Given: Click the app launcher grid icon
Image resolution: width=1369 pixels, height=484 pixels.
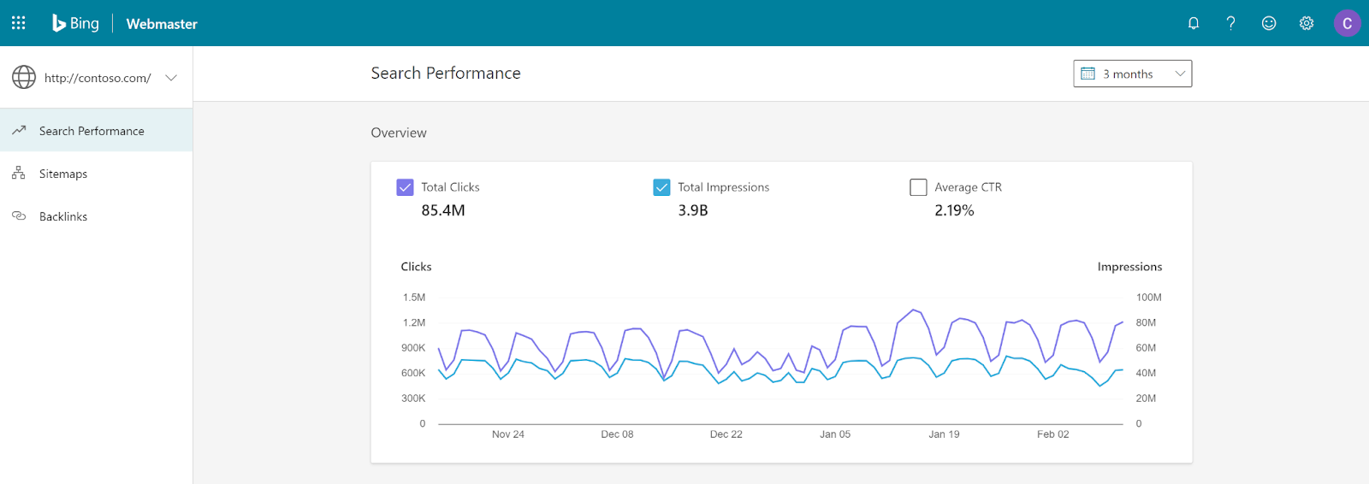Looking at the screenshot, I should pos(18,23).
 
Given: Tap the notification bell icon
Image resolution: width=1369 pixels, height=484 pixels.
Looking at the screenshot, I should pos(1194,23).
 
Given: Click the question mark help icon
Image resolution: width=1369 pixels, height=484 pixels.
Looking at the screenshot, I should pos(1230,23).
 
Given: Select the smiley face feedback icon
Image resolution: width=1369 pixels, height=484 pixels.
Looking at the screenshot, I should pos(1269,23).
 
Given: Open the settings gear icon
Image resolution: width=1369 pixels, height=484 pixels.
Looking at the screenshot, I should pos(1307,23).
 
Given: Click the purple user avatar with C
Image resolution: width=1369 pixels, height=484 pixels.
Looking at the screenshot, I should pos(1347,23).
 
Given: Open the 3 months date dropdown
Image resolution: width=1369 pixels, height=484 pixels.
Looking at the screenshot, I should pos(1132,74).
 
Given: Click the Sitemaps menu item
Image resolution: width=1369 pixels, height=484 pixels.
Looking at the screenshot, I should pos(63,174).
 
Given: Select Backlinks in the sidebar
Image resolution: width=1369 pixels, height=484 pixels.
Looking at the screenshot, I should pos(63,216).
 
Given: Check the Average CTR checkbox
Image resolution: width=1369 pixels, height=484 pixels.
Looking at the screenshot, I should pos(918,187).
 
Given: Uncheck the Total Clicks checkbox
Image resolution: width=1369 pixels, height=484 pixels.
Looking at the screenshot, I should pos(405,187).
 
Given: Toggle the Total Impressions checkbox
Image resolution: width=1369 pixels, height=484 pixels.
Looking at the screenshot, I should pos(661,187).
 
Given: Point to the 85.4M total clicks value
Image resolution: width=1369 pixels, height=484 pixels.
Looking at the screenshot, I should pos(443,210).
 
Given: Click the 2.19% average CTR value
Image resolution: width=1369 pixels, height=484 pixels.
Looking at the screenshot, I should pos(954,210).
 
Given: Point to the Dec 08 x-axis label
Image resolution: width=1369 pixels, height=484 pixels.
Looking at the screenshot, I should pos(617,434).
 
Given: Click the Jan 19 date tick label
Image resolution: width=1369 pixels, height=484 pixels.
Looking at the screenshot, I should pos(944,434).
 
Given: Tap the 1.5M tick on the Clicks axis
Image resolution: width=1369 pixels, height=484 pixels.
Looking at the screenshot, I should pos(414,298).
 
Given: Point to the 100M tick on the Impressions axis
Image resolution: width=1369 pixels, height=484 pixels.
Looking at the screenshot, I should pos(1148,298).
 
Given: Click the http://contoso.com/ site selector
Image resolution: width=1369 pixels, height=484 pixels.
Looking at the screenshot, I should pos(96,78).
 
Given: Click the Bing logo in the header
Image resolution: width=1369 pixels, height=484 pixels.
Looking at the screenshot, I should pos(76,23).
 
